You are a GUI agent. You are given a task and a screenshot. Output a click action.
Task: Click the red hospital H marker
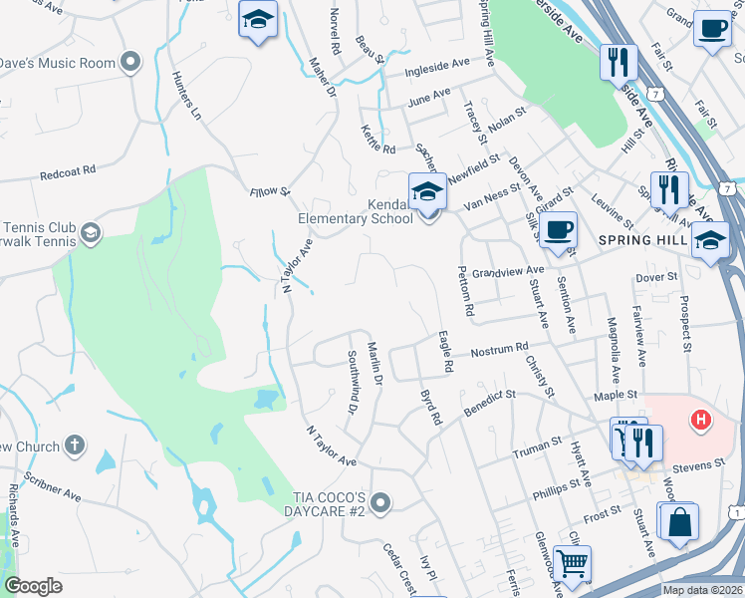pyautogui.click(x=701, y=421)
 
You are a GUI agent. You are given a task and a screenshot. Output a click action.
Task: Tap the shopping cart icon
pyautogui.click(x=572, y=564)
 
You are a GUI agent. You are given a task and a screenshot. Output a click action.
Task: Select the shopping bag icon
pyautogui.click(x=679, y=522)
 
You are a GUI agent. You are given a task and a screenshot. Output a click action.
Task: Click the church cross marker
pyautogui.click(x=74, y=445)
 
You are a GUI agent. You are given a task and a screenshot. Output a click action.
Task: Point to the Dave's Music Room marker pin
pyautogui.click(x=129, y=63)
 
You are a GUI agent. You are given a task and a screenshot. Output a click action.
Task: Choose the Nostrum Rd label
pyautogui.click(x=498, y=351)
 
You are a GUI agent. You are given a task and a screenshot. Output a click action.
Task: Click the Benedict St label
pyautogui.click(x=488, y=402)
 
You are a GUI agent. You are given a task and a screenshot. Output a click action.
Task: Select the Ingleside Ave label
pyautogui.click(x=437, y=67)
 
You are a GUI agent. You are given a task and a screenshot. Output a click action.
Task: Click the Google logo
pyautogui.click(x=33, y=586)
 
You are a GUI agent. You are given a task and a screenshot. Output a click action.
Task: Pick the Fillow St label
pyautogui.click(x=269, y=189)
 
